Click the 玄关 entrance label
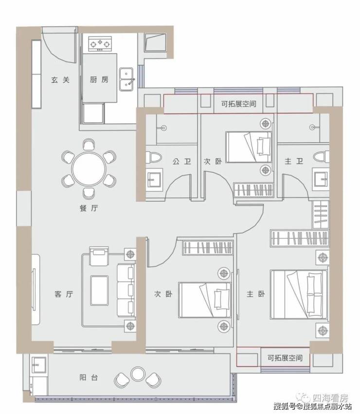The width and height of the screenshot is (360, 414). pyautogui.click(x=60, y=80)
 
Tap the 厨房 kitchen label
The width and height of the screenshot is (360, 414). pyautogui.click(x=99, y=79)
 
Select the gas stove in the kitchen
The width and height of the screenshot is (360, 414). pyautogui.click(x=100, y=43)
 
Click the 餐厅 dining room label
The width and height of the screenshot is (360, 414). pyautogui.click(x=89, y=208)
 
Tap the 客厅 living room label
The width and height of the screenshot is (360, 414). pyautogui.click(x=64, y=294)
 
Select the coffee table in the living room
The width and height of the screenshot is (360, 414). pyautogui.click(x=99, y=290)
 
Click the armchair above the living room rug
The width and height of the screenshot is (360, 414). pyautogui.click(x=99, y=256)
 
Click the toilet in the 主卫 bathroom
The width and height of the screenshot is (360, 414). pyautogui.click(x=321, y=156)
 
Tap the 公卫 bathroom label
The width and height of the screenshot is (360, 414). pyautogui.click(x=182, y=161)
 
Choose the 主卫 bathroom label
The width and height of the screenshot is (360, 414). pyautogui.click(x=294, y=161)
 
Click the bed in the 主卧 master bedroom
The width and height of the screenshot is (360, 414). pyautogui.click(x=299, y=294)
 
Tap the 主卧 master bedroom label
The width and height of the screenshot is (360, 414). pyautogui.click(x=255, y=294)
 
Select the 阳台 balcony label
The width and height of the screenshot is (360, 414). pyautogui.click(x=89, y=377)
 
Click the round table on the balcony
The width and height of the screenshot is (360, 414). pyautogui.click(x=138, y=374)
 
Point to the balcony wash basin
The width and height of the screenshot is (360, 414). pyautogui.click(x=39, y=365)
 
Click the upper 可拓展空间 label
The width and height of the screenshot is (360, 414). pyautogui.click(x=239, y=104)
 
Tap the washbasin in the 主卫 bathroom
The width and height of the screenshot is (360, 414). pyautogui.click(x=321, y=180)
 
